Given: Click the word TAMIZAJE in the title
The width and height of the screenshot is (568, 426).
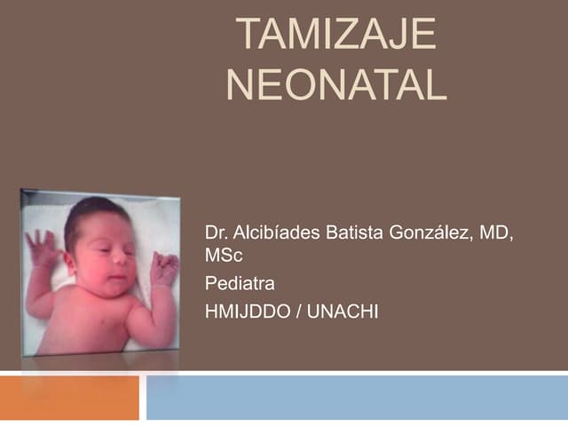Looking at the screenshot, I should coord(338,36).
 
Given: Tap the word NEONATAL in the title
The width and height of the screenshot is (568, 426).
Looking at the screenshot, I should coord(337,85).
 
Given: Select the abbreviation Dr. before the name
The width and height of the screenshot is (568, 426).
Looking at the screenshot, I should coord(217,234).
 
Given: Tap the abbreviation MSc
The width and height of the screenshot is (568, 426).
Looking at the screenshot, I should coord(223,256).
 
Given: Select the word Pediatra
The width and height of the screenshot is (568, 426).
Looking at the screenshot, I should coord(240,285).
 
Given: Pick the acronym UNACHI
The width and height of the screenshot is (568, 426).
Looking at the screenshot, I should coord(343,312).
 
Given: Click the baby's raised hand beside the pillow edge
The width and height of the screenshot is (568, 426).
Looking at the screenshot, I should coord(43,248).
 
